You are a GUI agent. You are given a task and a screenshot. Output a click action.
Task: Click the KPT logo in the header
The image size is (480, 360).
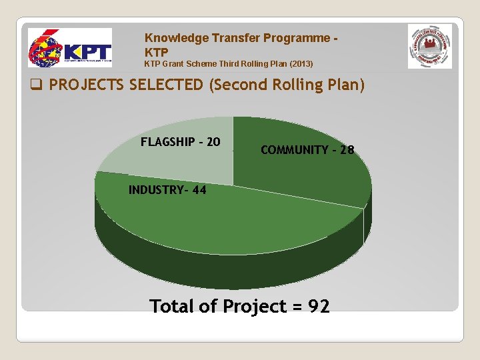(x=69, y=48)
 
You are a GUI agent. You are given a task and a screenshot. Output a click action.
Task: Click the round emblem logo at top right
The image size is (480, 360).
(x=429, y=47)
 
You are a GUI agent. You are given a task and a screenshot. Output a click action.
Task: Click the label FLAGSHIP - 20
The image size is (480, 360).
(x=181, y=142)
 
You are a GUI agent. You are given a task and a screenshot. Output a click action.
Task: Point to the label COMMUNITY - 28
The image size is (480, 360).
(x=307, y=151)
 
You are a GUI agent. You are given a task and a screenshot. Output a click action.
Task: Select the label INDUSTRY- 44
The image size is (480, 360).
(x=167, y=190)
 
